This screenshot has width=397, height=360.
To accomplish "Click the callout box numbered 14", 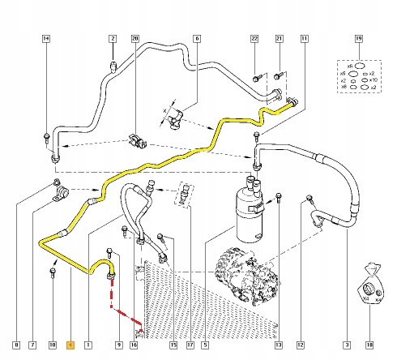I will click(x=45, y=39).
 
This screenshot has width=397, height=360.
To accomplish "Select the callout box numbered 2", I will click(x=113, y=39).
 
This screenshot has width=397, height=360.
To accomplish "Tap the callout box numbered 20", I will click(x=135, y=39).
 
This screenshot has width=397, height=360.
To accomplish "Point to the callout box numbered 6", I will click(x=196, y=39).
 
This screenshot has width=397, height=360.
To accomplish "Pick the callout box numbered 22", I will click(x=254, y=39).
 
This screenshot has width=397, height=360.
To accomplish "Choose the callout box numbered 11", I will click(x=304, y=39).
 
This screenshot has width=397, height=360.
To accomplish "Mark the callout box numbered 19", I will click(x=358, y=39).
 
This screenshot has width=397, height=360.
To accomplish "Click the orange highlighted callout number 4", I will click(x=70, y=344).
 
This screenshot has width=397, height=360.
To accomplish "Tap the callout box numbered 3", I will click(x=346, y=344).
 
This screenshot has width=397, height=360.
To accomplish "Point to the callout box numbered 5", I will click(x=206, y=344).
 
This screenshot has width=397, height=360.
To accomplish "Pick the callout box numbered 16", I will click(x=134, y=344).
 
